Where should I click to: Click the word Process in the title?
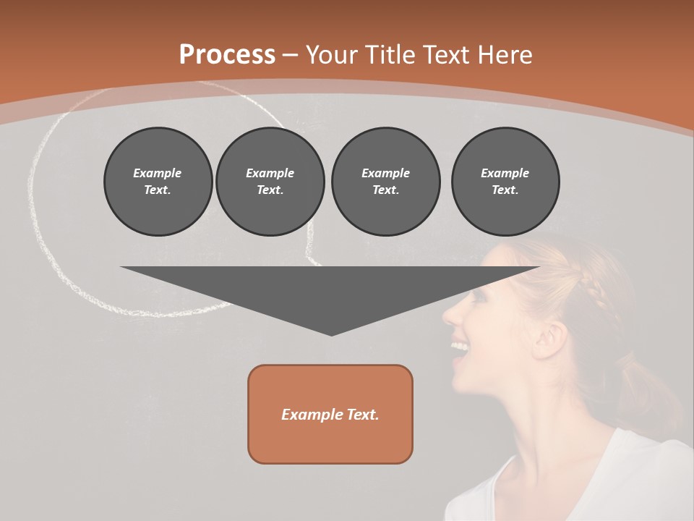227,55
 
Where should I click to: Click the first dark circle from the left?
158,182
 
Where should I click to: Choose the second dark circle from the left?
270,182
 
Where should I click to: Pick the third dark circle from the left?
385,182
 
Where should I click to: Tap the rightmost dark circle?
505,182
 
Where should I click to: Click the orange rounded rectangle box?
330,414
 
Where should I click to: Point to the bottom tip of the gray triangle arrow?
331,334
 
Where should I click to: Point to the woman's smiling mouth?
460,347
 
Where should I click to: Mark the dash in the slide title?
291,56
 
